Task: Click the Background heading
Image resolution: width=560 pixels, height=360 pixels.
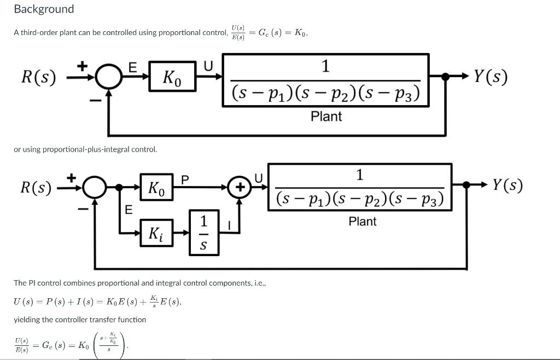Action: [44, 9]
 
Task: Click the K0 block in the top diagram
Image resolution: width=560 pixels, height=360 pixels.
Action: [173, 78]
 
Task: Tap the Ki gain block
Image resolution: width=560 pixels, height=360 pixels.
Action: [156, 233]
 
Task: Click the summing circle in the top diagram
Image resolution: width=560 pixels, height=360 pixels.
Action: [108, 78]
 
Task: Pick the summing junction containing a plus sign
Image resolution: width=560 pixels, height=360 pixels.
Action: [238, 187]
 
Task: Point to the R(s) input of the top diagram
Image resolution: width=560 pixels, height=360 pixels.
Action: [38, 77]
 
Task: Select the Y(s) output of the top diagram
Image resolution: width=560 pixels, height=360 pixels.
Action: [490, 77]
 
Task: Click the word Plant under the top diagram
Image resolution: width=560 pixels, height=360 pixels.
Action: [326, 116]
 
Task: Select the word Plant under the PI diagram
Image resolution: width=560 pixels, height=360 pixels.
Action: [363, 221]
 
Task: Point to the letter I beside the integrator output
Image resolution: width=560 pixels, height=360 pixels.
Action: [230, 225]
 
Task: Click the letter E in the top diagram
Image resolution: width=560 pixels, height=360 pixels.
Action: [132, 67]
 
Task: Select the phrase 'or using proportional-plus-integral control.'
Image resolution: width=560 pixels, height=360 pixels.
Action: [85, 149]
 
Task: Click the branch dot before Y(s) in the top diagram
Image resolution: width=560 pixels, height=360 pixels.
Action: [445, 78]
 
